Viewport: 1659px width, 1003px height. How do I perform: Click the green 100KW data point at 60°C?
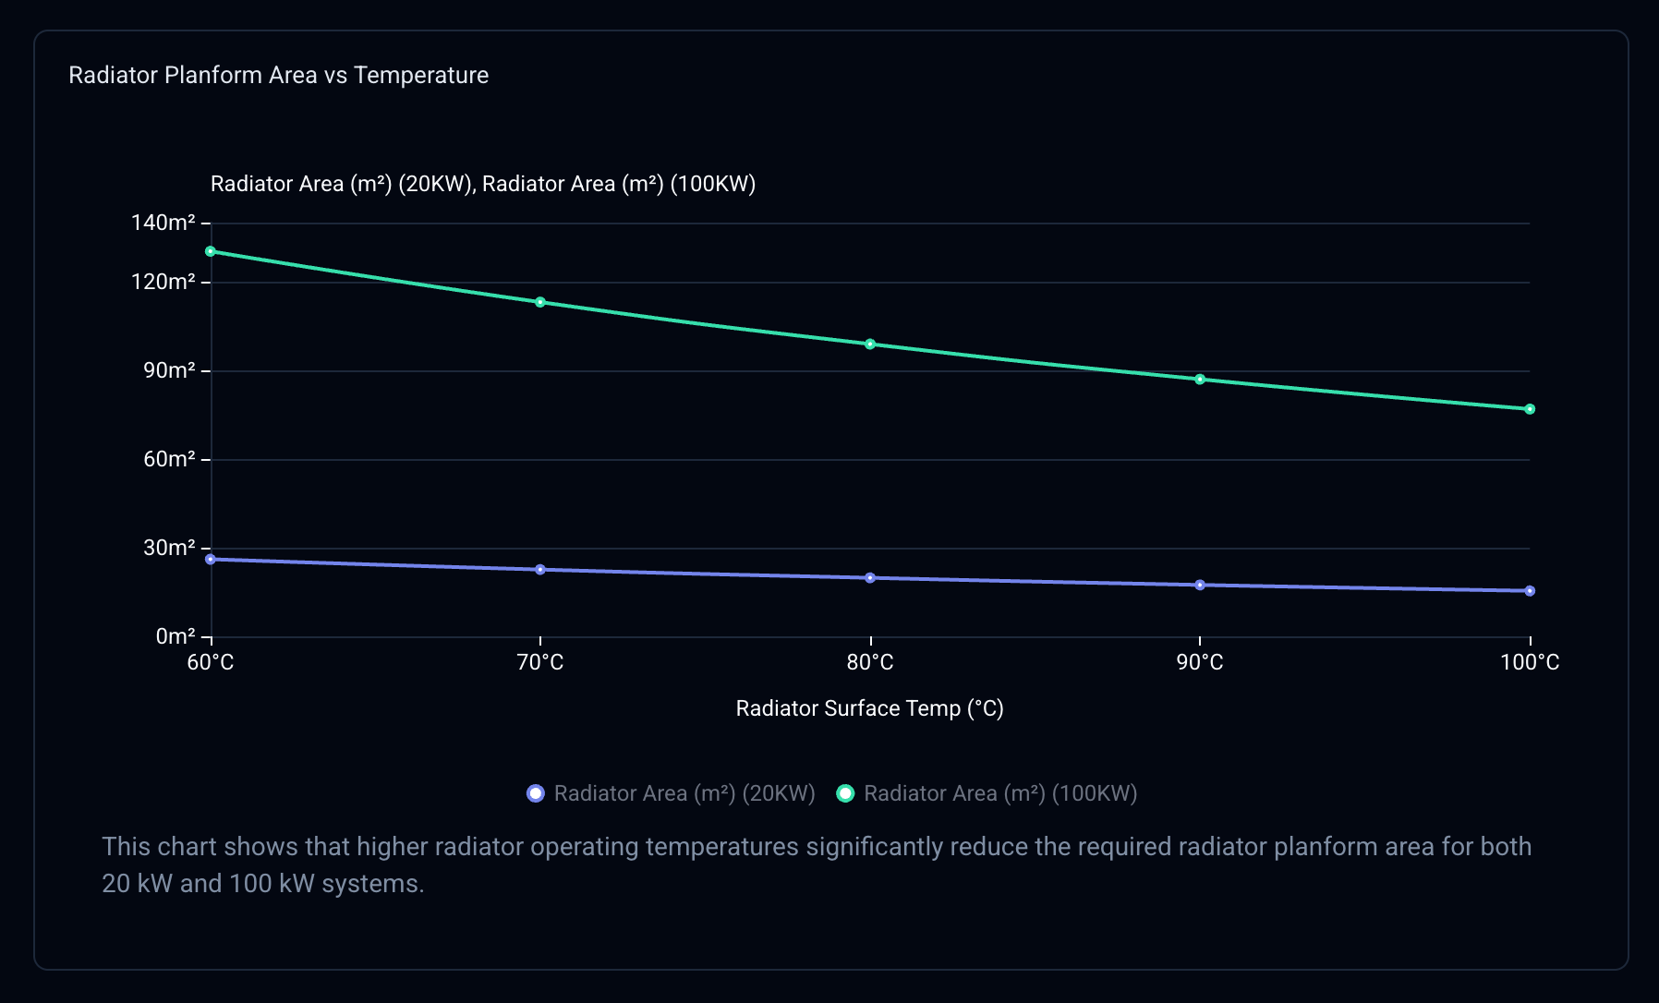tap(211, 251)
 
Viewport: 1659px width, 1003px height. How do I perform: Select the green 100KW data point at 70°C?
tap(540, 302)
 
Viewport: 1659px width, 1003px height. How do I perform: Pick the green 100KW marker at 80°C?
tap(870, 344)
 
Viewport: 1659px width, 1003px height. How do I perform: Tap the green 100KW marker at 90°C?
tap(1200, 380)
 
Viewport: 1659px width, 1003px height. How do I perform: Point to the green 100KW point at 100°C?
tap(1530, 409)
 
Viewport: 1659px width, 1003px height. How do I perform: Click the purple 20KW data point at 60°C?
tap(211, 560)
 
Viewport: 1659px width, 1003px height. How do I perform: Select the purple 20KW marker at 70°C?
tap(540, 570)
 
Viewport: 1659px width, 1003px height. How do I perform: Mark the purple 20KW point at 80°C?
tap(870, 578)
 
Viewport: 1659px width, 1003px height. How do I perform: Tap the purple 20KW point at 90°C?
tap(1200, 586)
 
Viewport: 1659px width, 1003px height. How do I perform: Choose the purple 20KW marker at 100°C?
tap(1530, 591)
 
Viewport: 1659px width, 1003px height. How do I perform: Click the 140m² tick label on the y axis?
tap(163, 223)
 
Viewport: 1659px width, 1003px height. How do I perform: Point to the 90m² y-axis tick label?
tap(169, 370)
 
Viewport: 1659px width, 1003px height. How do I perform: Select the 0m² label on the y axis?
tap(176, 636)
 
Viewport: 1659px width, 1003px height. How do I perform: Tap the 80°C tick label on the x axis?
tap(870, 662)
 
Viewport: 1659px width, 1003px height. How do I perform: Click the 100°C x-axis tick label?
tap(1530, 662)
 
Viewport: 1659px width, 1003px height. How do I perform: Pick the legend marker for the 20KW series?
tap(536, 793)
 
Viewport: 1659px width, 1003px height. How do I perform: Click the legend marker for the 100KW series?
tap(845, 793)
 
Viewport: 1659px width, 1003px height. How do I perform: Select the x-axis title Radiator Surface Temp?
tap(869, 708)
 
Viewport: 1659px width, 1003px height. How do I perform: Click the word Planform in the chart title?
tap(212, 75)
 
